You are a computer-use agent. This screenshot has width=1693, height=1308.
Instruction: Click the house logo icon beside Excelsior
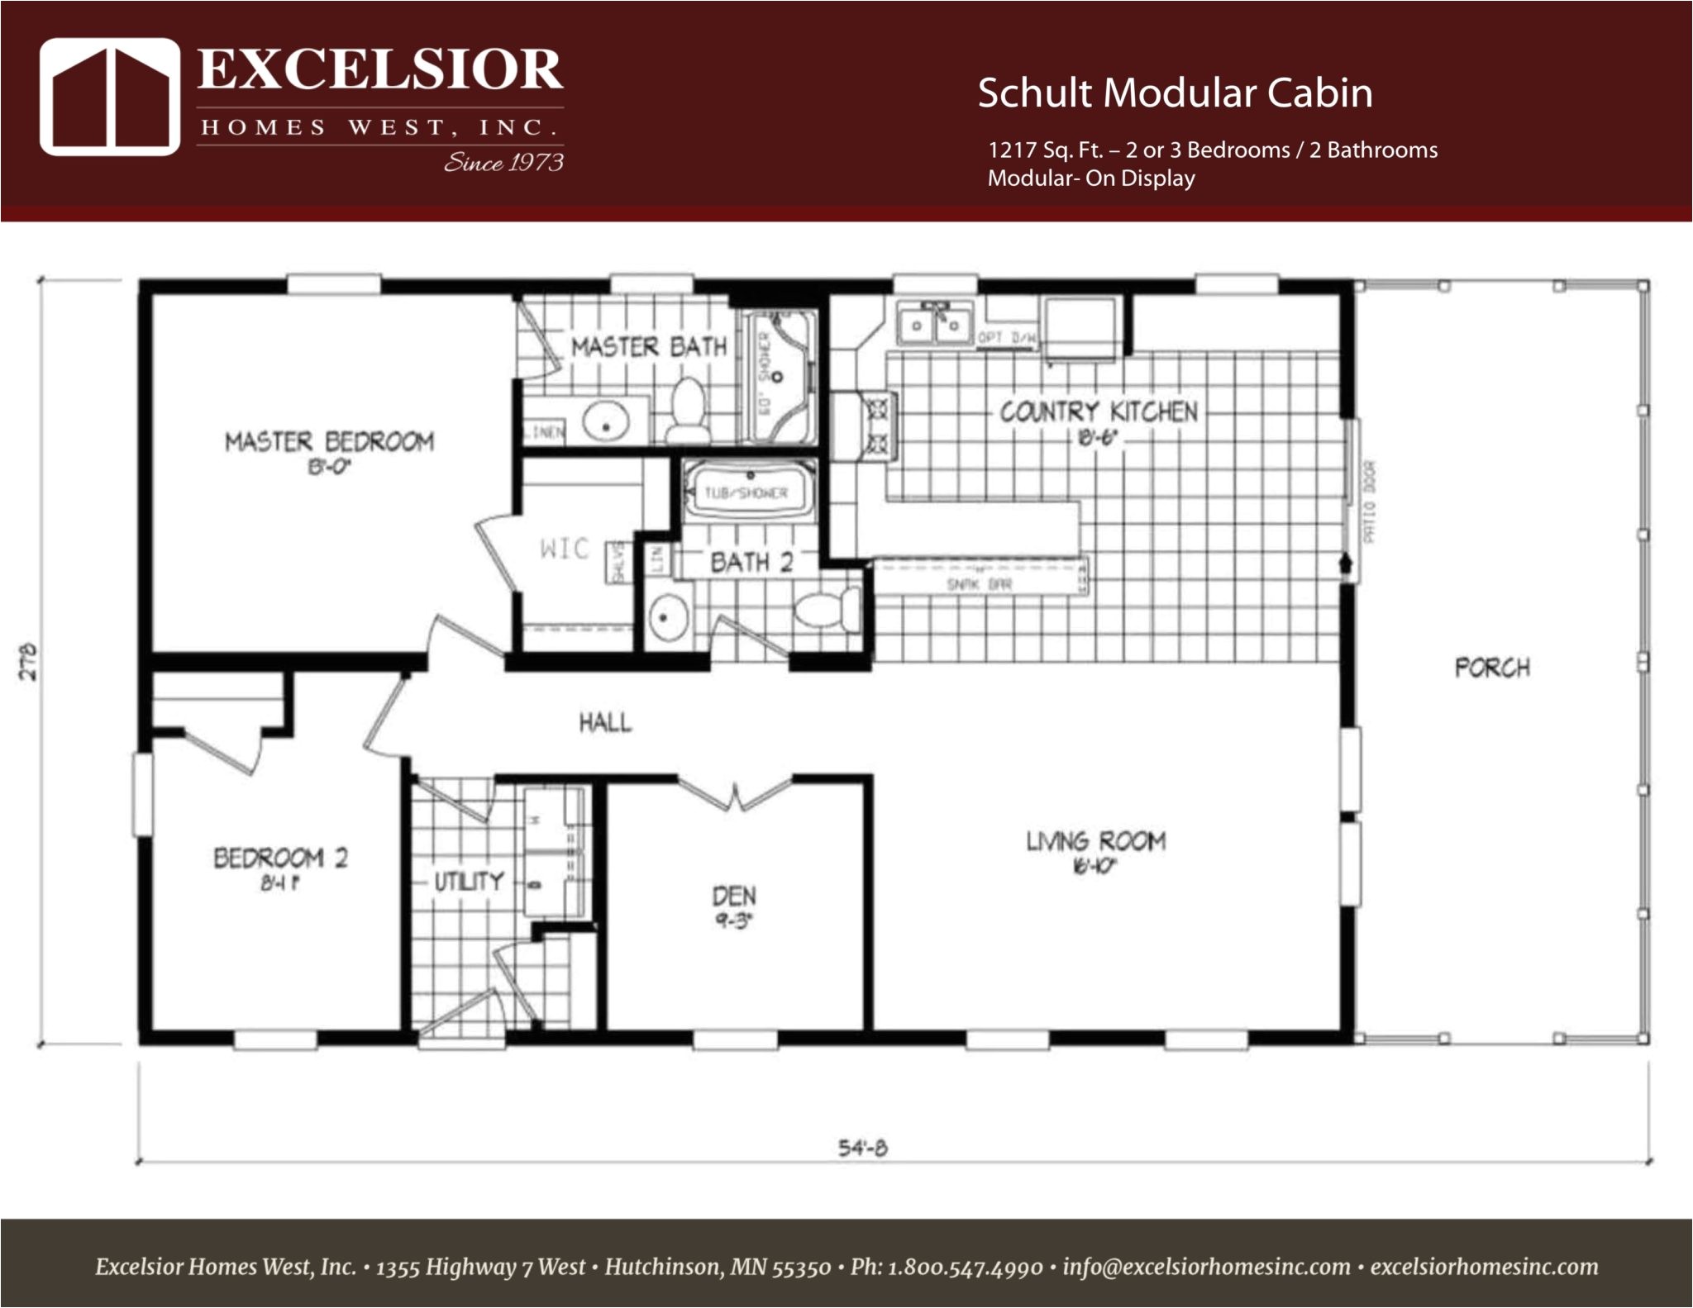[110, 97]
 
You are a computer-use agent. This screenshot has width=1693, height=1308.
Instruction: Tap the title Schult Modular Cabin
[1175, 93]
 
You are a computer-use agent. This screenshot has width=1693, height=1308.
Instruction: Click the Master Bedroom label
[329, 442]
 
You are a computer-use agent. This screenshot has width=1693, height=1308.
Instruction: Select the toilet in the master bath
[688, 411]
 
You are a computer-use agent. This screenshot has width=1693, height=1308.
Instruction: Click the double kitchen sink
[934, 324]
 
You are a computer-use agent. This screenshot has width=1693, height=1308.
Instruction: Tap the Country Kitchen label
[1099, 411]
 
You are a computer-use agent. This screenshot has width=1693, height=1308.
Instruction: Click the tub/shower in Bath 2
[747, 492]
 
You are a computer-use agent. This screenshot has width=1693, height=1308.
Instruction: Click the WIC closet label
[565, 549]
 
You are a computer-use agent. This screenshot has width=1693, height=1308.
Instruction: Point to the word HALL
[605, 723]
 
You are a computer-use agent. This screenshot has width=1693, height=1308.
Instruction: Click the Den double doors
[734, 795]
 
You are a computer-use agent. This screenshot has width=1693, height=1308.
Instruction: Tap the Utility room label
[469, 882]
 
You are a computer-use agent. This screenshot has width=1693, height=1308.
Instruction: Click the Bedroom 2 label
[281, 858]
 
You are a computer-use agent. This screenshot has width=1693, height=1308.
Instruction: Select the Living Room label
[1096, 842]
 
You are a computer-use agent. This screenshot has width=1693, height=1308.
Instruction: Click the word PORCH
[1492, 668]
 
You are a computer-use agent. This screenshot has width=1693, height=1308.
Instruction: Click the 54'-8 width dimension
[863, 1149]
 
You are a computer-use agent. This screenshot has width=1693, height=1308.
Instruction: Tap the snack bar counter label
[979, 585]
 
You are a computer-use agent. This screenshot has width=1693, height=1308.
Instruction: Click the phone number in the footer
[965, 1268]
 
